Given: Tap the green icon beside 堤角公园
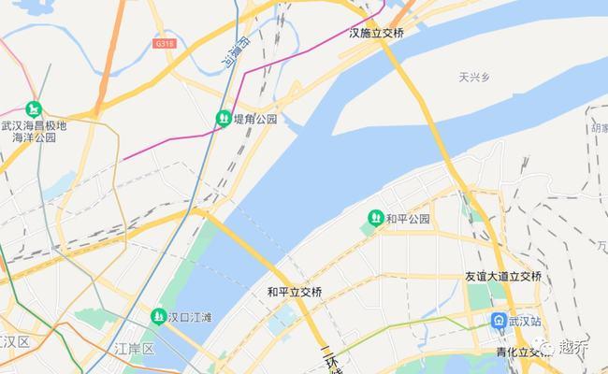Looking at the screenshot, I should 224,119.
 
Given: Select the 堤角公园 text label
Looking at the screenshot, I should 255,120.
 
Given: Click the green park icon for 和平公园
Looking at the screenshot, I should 375,219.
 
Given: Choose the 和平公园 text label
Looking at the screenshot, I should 408,219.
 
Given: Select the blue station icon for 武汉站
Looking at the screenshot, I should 500,321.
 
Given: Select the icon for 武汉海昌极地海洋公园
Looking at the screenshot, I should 34,108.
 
